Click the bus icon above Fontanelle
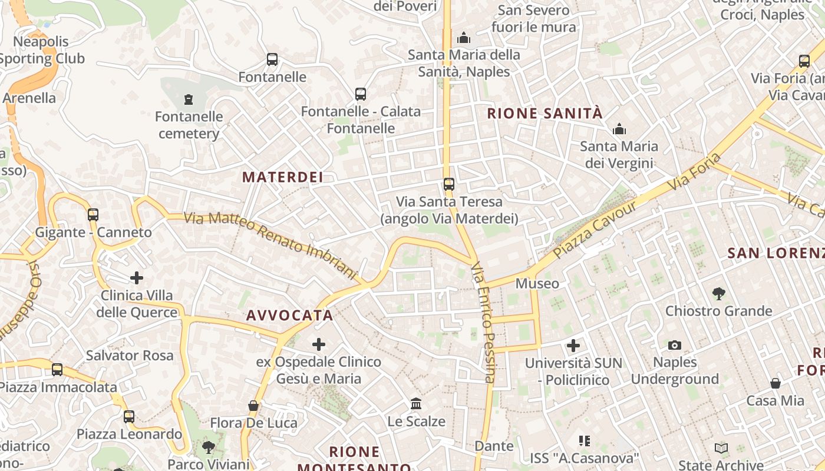tap(272, 59)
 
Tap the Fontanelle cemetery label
tap(189, 125)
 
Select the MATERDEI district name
tap(283, 177)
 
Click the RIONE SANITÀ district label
tap(545, 113)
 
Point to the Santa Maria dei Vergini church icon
tap(619, 129)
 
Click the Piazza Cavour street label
tap(595, 230)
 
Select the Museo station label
tap(537, 284)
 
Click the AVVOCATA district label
tap(289, 316)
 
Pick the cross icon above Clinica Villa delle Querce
tap(137, 277)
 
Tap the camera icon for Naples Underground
tap(675, 345)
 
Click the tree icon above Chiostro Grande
tap(718, 293)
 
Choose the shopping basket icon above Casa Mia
tap(775, 383)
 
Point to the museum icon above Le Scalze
tap(416, 404)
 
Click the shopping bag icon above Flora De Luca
tap(253, 406)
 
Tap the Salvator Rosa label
tap(130, 355)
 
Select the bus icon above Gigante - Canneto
tap(93, 215)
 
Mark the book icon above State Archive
tap(721, 449)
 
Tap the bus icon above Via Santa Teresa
tap(449, 184)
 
